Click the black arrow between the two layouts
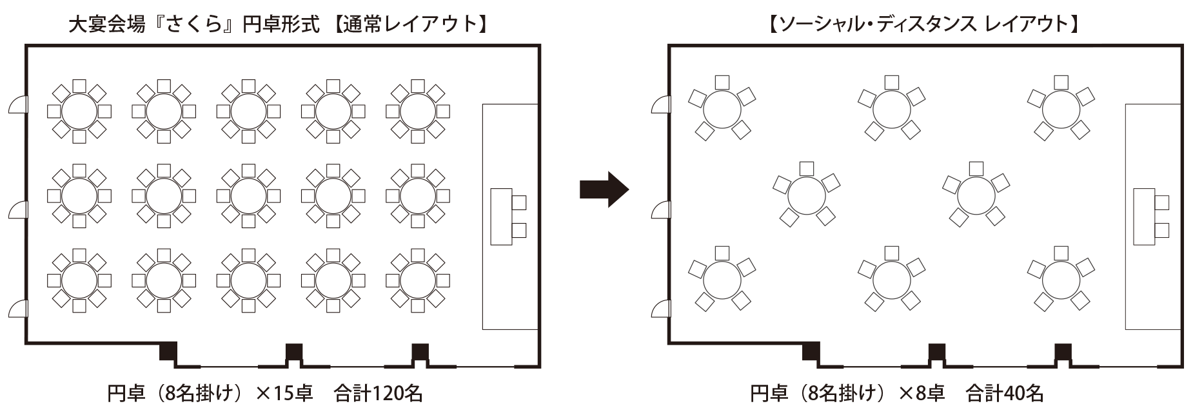[603, 189]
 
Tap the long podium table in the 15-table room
[500, 216]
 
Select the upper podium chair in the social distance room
[1162, 202]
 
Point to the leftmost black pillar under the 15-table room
[168, 352]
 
